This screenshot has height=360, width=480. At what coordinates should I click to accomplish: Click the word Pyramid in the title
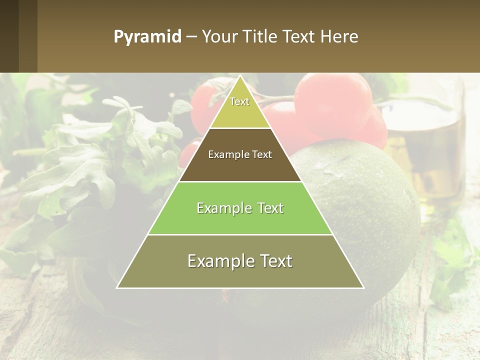147,37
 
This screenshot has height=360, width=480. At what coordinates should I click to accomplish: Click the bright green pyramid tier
240,220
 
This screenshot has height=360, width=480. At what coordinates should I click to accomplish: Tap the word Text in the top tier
239,102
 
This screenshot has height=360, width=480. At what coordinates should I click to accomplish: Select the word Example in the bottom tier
215,261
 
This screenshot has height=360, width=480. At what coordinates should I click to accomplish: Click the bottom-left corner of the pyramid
117,287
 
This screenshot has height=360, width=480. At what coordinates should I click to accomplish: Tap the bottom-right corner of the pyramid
363,287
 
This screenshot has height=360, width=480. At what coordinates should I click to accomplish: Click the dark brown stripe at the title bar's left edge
9,36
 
